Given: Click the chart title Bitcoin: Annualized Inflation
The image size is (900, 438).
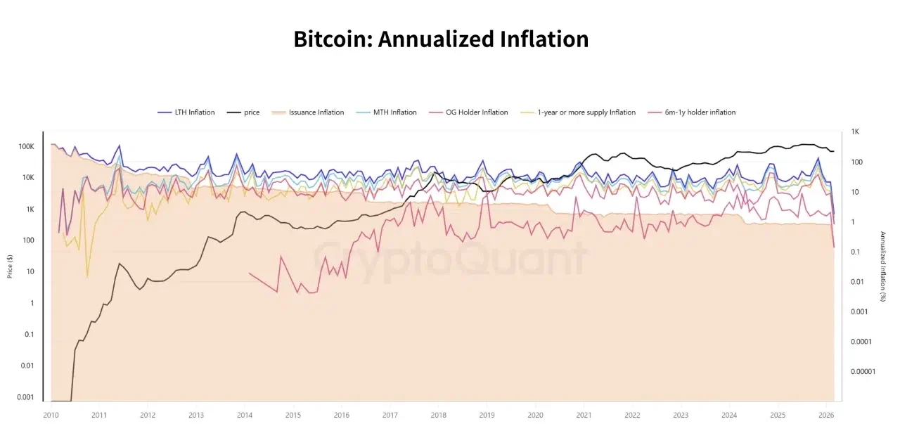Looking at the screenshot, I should [441, 39].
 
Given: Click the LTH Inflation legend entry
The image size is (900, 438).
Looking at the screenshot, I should [186, 112].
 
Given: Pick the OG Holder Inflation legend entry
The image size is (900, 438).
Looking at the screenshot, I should [469, 112].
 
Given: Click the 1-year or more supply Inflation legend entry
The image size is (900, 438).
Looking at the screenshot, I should [578, 112].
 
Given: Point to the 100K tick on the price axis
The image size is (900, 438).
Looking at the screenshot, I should [26, 146].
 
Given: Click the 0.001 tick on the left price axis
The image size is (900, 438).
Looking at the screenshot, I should [25, 397].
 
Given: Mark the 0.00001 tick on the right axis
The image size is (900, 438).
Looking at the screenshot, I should [863, 371].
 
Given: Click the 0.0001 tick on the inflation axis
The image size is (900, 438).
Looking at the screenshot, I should [861, 342].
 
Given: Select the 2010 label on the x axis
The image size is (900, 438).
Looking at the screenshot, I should [51, 415].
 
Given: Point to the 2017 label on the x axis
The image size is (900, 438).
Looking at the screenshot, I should [390, 415].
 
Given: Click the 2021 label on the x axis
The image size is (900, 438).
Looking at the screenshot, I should [583, 415].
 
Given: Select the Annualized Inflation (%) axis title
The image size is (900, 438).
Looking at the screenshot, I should [882, 266].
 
